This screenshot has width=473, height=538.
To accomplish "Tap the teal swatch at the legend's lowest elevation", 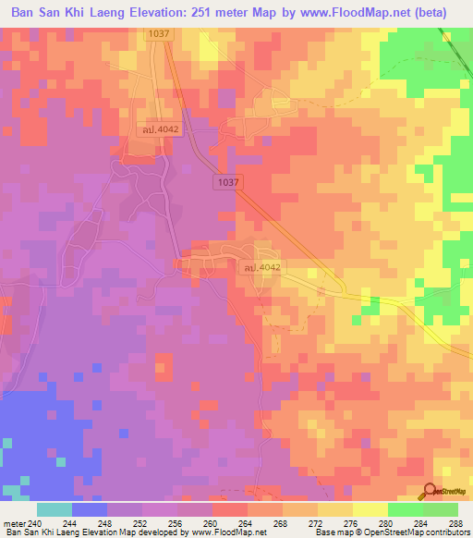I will pyautogui.click(x=54, y=509).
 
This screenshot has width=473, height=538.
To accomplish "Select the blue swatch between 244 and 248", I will pyautogui.click(x=89, y=509).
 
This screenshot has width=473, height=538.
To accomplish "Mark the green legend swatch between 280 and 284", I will pyautogui.click(x=405, y=509).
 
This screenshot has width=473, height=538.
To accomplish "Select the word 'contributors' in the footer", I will pyautogui.click(x=446, y=532).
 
